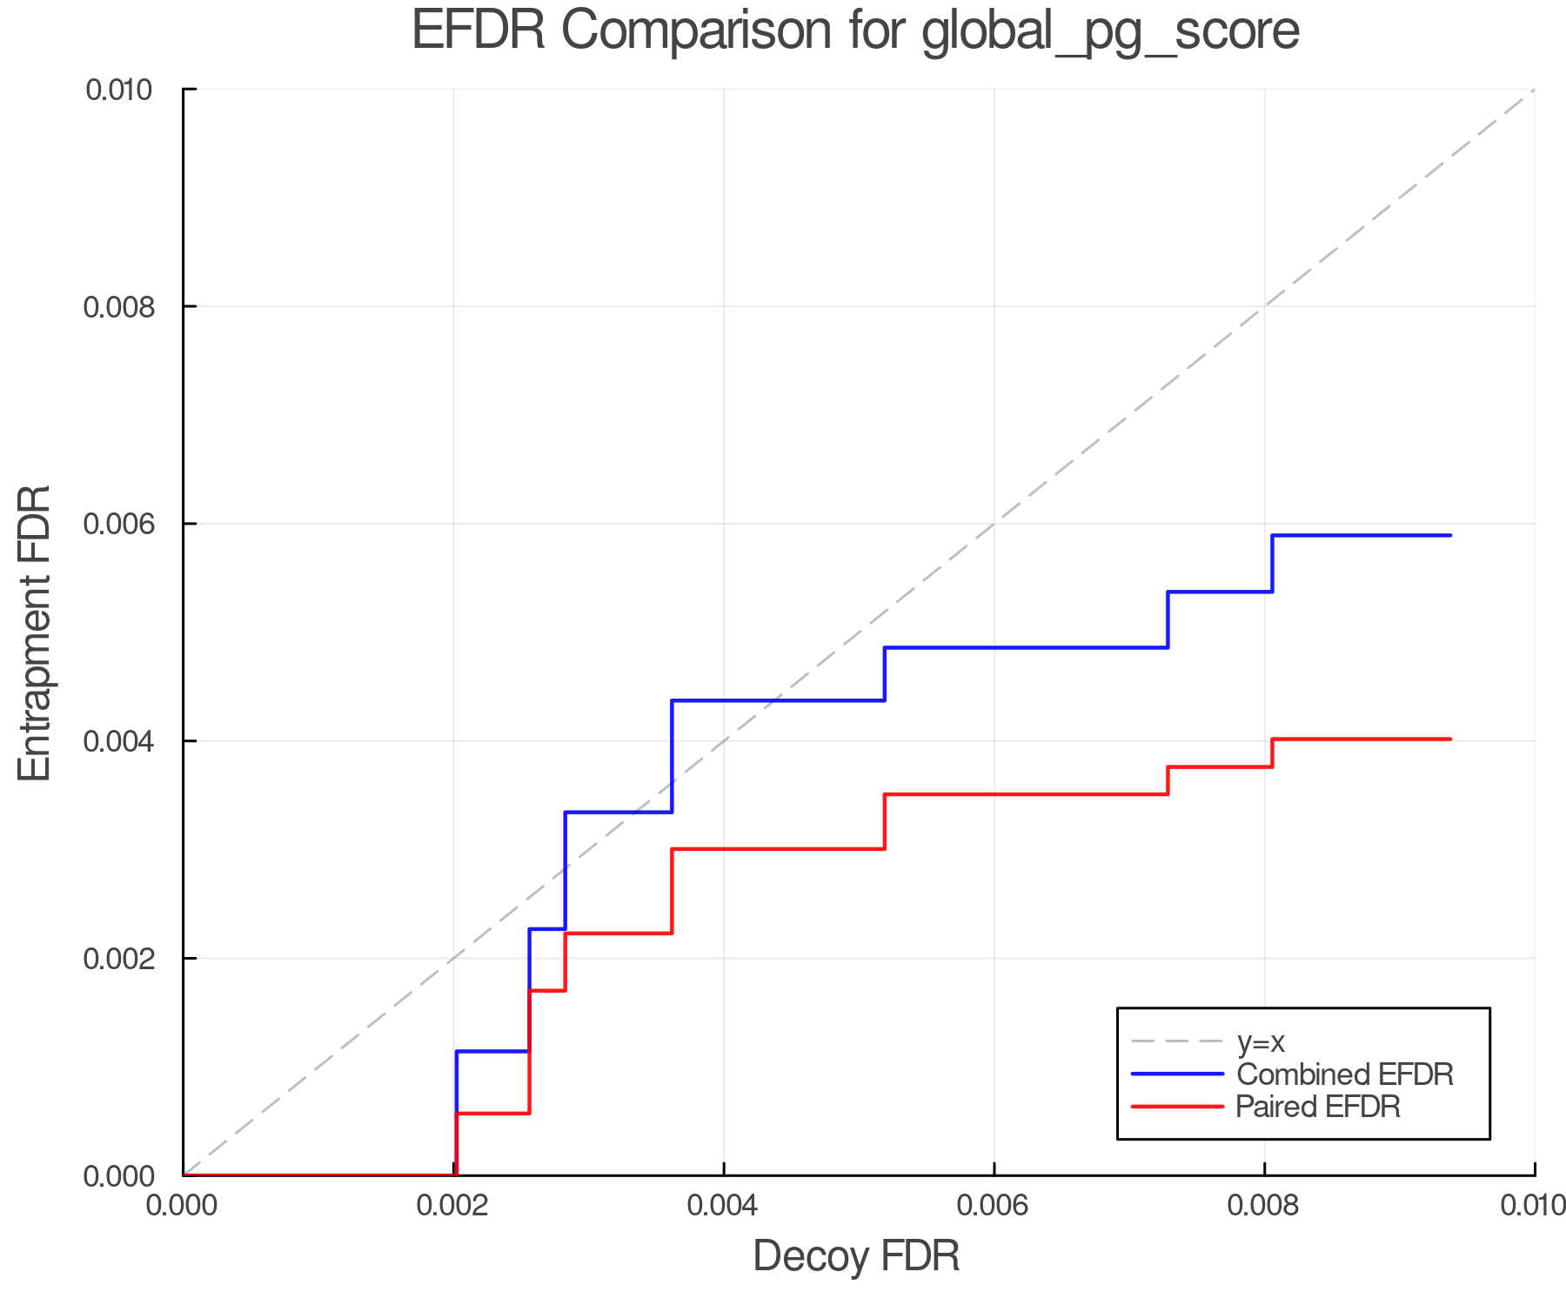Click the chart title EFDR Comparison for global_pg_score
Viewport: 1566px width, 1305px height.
[855, 31]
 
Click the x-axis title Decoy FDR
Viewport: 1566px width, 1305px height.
[856, 1256]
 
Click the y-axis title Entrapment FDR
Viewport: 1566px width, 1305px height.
[35, 632]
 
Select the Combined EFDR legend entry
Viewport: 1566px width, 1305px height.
[1344, 1074]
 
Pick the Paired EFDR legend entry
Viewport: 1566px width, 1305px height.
[1318, 1107]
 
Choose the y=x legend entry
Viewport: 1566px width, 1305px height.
[1261, 1042]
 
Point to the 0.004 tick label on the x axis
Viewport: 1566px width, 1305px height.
[724, 1206]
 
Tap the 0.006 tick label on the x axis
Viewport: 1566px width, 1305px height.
[994, 1206]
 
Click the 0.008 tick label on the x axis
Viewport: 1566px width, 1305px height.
[1264, 1206]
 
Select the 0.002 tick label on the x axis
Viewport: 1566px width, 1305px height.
[453, 1206]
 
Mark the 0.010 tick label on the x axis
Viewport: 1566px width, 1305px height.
[1533, 1206]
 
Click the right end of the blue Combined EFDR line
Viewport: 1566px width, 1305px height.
[1450, 535]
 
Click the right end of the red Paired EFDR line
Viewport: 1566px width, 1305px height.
[1450, 739]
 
